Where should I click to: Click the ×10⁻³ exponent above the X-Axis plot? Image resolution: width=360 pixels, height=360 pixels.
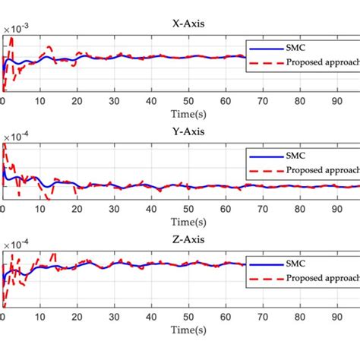click(17, 30)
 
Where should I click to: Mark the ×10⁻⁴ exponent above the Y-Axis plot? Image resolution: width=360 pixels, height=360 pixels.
click(17, 137)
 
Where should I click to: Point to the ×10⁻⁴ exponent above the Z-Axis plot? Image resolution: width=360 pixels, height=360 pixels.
click(17, 245)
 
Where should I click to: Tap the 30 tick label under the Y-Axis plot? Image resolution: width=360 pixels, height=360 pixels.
click(113, 209)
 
